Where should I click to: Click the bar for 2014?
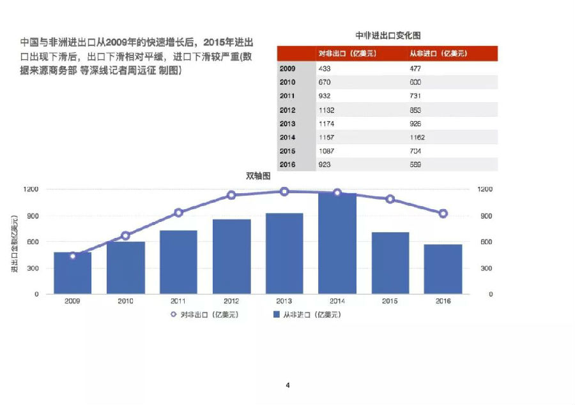pos(337,243)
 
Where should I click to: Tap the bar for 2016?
pos(443,269)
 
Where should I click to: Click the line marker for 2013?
pos(284,191)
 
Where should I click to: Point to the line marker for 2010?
pos(126,236)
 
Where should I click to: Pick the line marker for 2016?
pos(443,214)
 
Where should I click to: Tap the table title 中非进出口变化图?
pos(388,36)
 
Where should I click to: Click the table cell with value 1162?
pos(417,137)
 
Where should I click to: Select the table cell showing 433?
pos(324,68)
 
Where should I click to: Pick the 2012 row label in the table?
pos(287,110)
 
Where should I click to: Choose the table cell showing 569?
pos(415,165)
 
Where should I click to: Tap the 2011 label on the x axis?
pos(178,300)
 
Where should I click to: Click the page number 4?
pos(287,385)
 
